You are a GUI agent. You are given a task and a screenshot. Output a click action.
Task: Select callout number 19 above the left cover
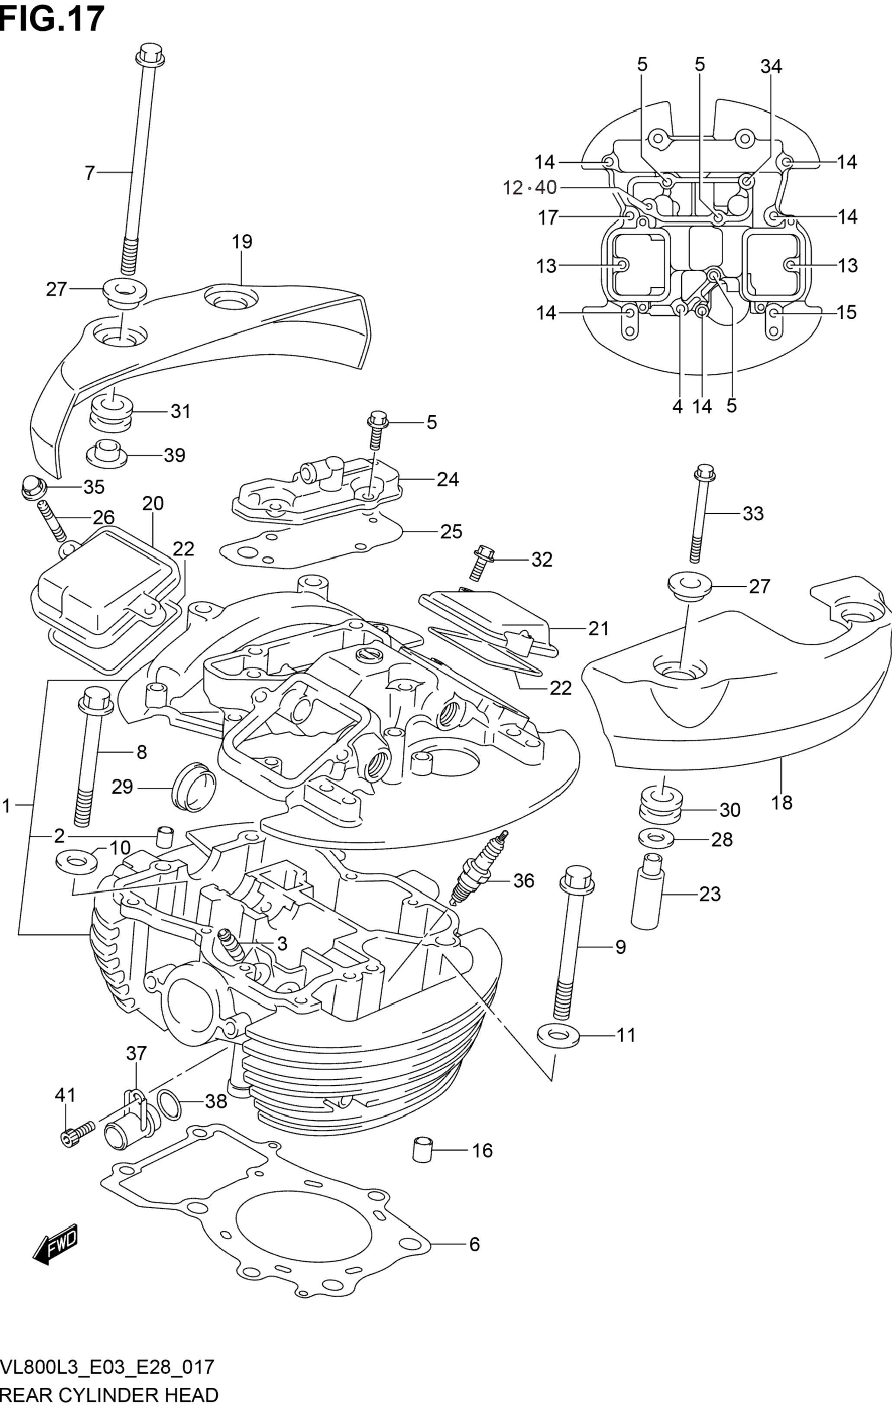(241, 241)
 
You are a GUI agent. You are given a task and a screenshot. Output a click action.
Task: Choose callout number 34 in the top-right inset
(771, 67)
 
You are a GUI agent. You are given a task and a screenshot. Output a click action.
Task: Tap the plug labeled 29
(194, 786)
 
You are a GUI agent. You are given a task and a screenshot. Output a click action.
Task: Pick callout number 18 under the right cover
(781, 802)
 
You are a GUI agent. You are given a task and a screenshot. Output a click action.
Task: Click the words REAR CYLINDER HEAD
(109, 1394)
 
